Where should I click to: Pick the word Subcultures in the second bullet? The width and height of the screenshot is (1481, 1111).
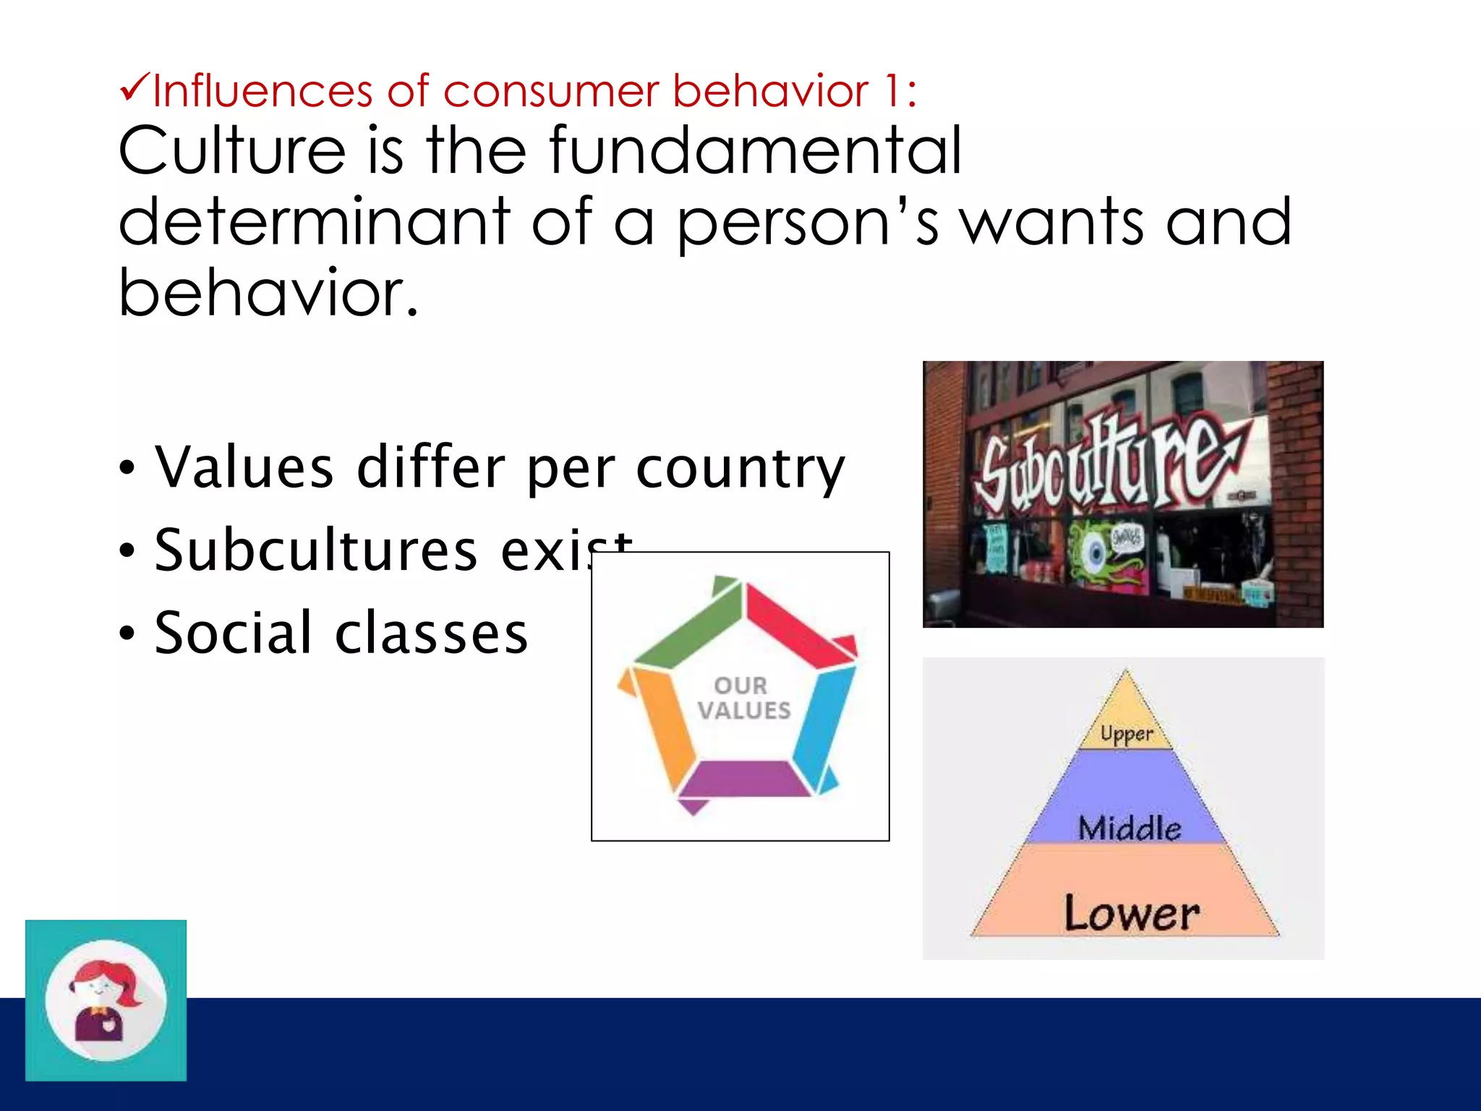click(316, 550)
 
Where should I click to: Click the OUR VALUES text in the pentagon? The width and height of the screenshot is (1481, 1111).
click(743, 699)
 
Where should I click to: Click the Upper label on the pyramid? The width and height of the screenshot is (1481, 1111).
click(1126, 733)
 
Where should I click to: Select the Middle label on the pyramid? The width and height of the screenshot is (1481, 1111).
click(1129, 827)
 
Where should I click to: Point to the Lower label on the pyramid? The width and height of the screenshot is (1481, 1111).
click(1131, 913)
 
